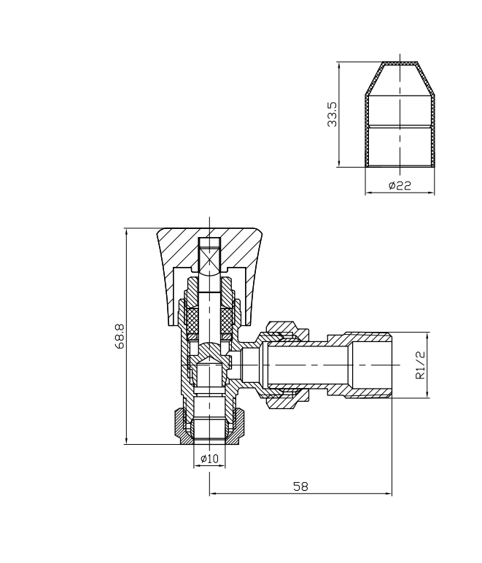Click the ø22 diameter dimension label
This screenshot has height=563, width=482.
pyautogui.click(x=400, y=186)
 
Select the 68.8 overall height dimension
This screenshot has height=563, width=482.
pyautogui.click(x=119, y=337)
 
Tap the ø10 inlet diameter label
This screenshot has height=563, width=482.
pyautogui.click(x=209, y=459)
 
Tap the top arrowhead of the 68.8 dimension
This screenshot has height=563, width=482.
pyautogui.click(x=127, y=233)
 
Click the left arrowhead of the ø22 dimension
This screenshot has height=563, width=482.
pyautogui.click(x=367, y=193)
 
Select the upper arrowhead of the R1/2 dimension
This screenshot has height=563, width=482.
pyautogui.click(x=428, y=336)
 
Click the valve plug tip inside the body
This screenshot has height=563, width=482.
pyautogui.click(x=209, y=362)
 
